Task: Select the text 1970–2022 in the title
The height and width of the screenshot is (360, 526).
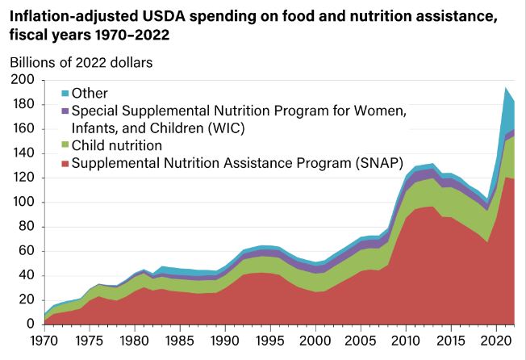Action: point(134,36)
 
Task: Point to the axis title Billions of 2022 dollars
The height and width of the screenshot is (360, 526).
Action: point(81,61)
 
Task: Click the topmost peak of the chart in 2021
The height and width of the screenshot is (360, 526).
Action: point(505,87)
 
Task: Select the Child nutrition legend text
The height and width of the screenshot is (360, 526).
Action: point(118,146)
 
